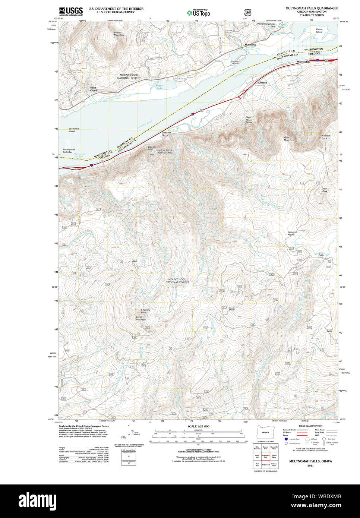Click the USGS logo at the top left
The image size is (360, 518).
tap(71, 11)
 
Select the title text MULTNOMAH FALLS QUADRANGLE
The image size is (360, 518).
tap(312, 8)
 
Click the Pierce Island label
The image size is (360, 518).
tap(319, 31)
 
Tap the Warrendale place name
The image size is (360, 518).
tap(303, 61)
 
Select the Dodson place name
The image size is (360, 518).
tap(262, 82)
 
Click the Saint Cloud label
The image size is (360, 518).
tap(93, 89)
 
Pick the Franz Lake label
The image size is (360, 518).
tap(159, 87)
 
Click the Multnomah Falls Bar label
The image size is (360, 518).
tap(69, 151)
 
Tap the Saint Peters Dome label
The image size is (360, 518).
tap(249, 120)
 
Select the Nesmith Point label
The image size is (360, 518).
tap(326, 137)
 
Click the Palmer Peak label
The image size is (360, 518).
tap(325, 190)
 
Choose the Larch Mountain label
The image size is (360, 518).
tap(141, 318)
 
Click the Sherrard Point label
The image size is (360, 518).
tap(145, 311)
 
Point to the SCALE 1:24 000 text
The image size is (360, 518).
tap(198, 426)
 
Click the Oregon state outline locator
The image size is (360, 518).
tap(265, 432)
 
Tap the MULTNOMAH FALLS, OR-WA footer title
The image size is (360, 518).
tap(310, 461)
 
